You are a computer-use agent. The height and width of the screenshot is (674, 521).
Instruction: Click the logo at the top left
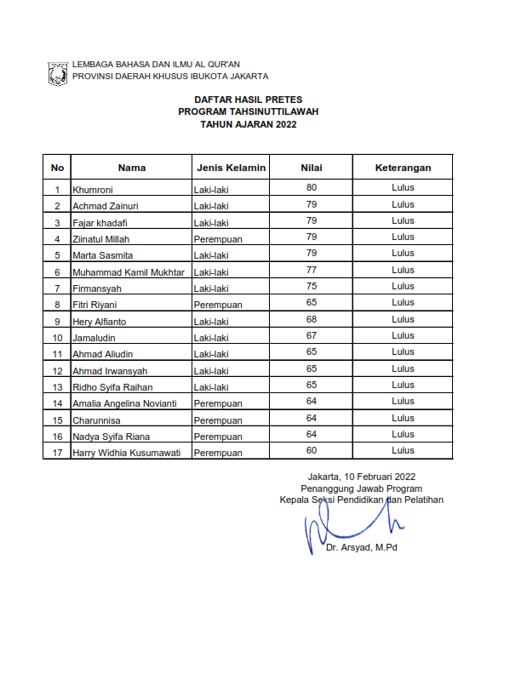pyautogui.click(x=58, y=71)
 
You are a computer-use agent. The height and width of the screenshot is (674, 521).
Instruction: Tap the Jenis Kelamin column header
pyautogui.click(x=231, y=168)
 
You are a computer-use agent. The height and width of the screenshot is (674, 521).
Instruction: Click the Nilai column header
pyautogui.click(x=312, y=168)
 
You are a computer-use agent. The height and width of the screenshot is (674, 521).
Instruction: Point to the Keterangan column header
pyautogui.click(x=403, y=168)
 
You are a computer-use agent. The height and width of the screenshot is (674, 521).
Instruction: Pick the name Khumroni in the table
pyautogui.click(x=94, y=190)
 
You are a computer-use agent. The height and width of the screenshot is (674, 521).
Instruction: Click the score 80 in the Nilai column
pyautogui.click(x=312, y=187)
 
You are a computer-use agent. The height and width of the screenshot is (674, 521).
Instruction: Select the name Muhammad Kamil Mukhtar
pyautogui.click(x=129, y=272)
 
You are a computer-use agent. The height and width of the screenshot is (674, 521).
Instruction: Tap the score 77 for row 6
pyautogui.click(x=312, y=270)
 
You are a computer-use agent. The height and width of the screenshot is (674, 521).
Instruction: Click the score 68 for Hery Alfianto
pyautogui.click(x=312, y=319)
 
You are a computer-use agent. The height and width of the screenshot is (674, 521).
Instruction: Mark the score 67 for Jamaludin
pyautogui.click(x=312, y=335)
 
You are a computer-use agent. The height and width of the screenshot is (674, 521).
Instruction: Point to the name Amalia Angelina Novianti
pyautogui.click(x=125, y=403)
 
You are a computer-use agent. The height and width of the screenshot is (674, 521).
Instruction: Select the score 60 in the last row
pyautogui.click(x=312, y=450)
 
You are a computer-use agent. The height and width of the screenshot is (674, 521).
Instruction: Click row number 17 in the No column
pyautogui.click(x=57, y=453)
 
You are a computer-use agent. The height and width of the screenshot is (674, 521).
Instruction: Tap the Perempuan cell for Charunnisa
pyautogui.click(x=218, y=420)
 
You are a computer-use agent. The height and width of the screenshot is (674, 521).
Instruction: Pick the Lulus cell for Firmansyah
pyautogui.click(x=403, y=286)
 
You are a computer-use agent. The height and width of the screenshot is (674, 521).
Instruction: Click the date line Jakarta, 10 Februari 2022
pyautogui.click(x=362, y=477)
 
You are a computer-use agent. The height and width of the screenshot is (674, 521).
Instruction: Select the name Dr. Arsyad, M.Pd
pyautogui.click(x=361, y=548)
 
